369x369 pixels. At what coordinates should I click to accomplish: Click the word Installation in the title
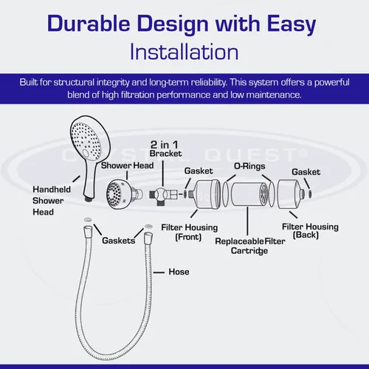click(184, 52)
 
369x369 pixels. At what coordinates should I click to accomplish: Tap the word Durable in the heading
click(89, 24)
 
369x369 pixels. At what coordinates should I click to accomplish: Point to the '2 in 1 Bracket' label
click(165, 149)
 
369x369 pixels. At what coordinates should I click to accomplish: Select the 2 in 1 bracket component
click(163, 195)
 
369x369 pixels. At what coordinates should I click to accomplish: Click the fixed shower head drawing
click(124, 194)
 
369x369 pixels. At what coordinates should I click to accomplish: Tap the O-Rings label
click(249, 166)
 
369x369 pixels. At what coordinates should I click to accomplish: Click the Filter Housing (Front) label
click(189, 232)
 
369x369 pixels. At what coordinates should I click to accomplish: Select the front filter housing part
click(204, 194)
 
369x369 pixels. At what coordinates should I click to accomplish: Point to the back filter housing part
click(291, 194)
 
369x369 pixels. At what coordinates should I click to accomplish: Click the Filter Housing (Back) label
click(310, 231)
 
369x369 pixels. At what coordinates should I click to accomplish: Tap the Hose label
click(179, 272)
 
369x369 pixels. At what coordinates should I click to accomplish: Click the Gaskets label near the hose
click(119, 241)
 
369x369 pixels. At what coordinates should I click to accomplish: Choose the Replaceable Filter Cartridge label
click(250, 246)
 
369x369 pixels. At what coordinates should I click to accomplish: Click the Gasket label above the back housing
click(306, 172)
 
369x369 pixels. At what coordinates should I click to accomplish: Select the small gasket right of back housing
click(310, 194)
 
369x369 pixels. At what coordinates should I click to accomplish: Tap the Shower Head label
click(127, 165)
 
